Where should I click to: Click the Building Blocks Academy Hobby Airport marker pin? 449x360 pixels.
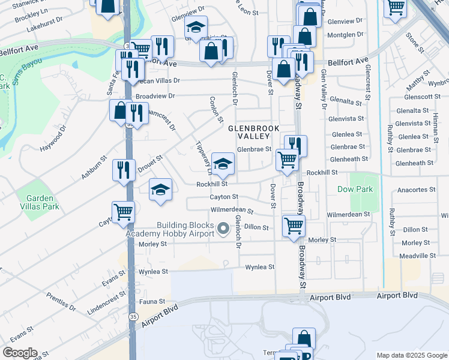click(224, 228)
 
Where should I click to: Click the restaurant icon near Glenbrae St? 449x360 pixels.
click(295, 145)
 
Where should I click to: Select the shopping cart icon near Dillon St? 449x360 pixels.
click(294, 226)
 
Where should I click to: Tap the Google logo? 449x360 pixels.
click(20, 353)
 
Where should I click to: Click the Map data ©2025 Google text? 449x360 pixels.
click(411, 355)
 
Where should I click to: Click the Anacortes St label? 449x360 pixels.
click(420, 190)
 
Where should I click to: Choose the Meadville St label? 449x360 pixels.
click(418, 256)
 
